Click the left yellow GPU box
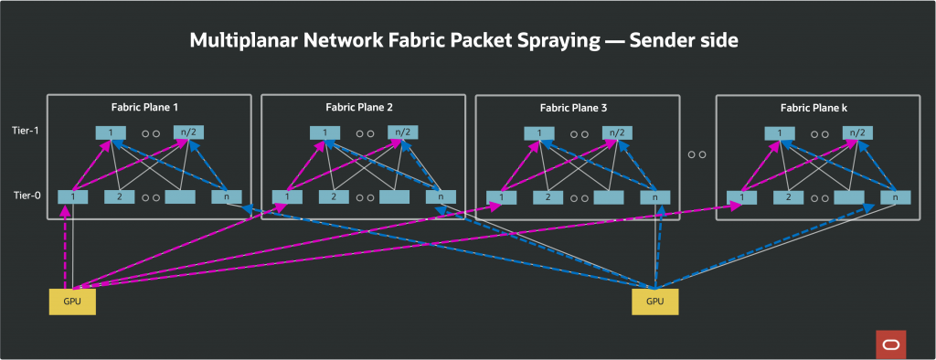click(x=72, y=302)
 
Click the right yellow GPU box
click(x=655, y=302)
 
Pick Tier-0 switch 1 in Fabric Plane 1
click(x=73, y=196)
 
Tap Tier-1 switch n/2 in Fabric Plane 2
click(x=401, y=132)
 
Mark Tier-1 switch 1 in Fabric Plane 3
click(x=539, y=132)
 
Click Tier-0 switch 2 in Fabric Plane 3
click(x=548, y=196)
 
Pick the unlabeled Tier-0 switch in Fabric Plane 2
click(x=395, y=196)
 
